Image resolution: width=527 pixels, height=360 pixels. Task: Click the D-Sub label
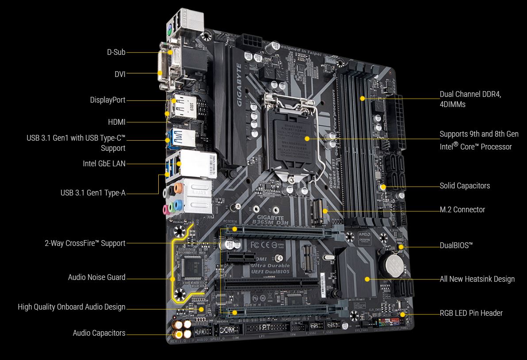click(x=116, y=52)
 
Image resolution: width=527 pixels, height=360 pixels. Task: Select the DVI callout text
click(x=120, y=74)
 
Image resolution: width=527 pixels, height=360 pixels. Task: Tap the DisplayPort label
click(x=107, y=100)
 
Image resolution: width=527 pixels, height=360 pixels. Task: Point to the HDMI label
click(x=116, y=122)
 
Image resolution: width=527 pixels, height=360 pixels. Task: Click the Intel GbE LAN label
click(x=104, y=163)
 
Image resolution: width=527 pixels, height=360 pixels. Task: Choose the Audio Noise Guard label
click(x=96, y=277)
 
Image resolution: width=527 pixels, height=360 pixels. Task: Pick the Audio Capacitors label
click(x=99, y=333)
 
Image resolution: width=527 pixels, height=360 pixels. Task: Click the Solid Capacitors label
click(x=464, y=186)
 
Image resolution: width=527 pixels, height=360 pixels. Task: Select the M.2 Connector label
click(x=462, y=210)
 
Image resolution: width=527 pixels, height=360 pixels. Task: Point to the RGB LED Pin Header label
click(x=471, y=313)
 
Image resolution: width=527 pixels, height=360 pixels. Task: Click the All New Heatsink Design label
click(x=477, y=279)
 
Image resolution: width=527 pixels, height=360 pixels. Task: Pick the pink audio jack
click(x=166, y=209)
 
